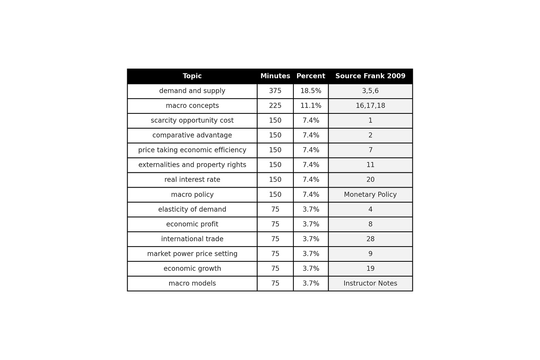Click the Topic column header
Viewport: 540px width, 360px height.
point(192,76)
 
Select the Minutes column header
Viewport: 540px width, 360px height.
point(275,76)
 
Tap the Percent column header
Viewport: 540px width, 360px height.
point(311,76)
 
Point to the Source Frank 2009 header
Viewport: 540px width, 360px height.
point(370,76)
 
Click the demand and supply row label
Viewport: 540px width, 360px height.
point(192,91)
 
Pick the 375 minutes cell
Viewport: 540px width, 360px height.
point(275,91)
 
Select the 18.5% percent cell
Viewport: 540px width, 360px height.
point(311,91)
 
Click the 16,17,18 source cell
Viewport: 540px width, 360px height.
point(370,106)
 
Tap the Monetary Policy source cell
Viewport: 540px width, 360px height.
point(370,195)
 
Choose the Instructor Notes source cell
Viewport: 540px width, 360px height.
point(370,284)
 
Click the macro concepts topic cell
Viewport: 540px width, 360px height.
point(192,106)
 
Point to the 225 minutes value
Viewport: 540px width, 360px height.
point(275,106)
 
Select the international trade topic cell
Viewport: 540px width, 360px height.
point(192,239)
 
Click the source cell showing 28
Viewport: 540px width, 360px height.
point(370,239)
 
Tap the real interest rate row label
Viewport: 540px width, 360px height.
point(192,180)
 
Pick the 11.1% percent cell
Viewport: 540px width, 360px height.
point(311,106)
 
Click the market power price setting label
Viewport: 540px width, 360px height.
point(192,254)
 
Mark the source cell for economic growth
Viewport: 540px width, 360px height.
point(370,269)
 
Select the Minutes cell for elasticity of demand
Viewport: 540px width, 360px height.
point(275,209)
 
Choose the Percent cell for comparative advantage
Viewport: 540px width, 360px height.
point(311,135)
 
